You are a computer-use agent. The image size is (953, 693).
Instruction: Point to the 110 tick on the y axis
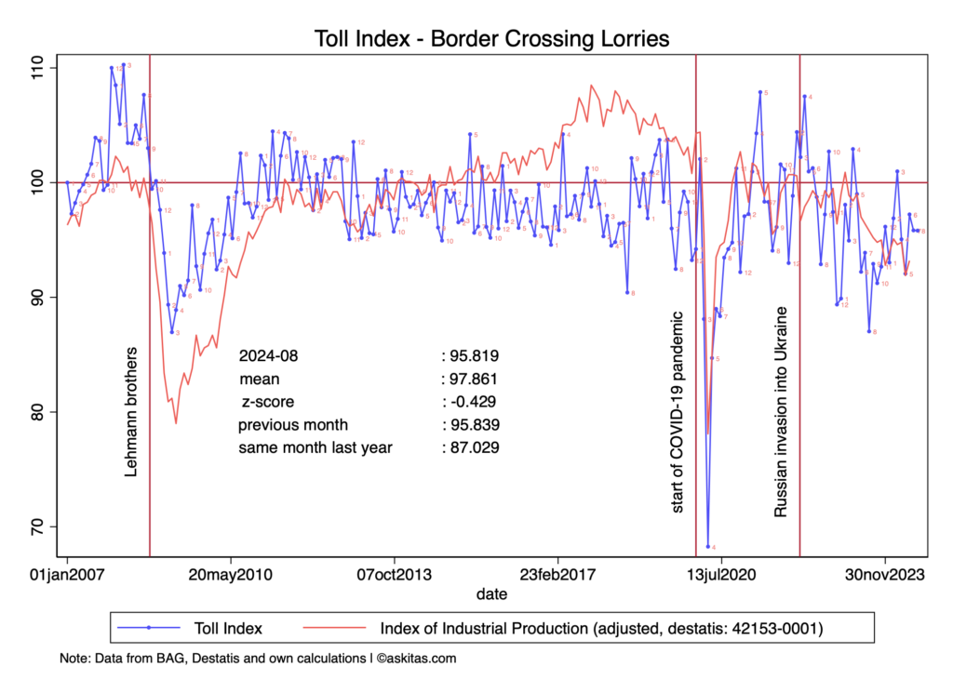(x=42, y=68)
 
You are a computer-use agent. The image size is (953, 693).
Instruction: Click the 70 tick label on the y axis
(x=42, y=526)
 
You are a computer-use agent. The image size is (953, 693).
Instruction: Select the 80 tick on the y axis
(x=42, y=412)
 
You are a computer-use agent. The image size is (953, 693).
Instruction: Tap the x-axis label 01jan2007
(x=68, y=575)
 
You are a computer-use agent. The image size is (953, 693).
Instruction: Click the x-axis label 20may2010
(x=232, y=575)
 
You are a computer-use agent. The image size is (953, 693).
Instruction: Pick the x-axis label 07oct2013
(x=395, y=575)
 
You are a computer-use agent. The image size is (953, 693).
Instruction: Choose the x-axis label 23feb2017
(x=557, y=575)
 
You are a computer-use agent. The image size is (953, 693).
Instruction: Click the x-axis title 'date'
(x=490, y=593)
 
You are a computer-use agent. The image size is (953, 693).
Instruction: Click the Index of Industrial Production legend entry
(x=600, y=628)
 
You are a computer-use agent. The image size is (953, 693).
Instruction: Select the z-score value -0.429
(x=470, y=402)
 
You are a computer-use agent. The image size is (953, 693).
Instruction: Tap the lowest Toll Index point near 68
(x=708, y=546)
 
